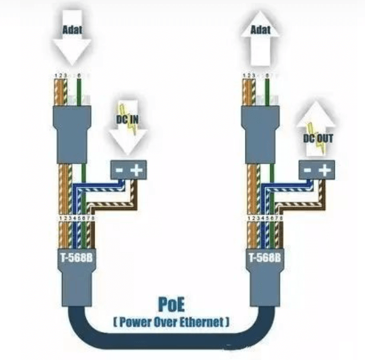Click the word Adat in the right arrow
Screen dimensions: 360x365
(x=261, y=28)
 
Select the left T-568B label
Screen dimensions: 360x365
(x=75, y=258)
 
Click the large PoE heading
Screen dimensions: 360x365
(x=172, y=305)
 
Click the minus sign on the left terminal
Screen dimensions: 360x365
(x=120, y=170)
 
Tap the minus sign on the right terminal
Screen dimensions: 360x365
(x=307, y=170)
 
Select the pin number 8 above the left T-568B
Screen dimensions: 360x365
(x=93, y=219)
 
